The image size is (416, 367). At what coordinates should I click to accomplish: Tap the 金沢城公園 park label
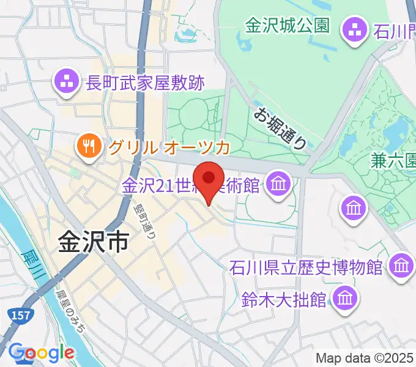point(288,26)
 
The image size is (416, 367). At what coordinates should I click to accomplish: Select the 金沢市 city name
point(94,242)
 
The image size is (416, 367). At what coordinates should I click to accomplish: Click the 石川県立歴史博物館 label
point(306,267)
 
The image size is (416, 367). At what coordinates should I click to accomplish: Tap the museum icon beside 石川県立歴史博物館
point(401,265)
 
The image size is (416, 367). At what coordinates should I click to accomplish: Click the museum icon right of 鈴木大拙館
point(344,298)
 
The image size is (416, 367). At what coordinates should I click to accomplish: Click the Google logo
point(40,353)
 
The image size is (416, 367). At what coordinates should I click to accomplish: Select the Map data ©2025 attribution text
point(365,358)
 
